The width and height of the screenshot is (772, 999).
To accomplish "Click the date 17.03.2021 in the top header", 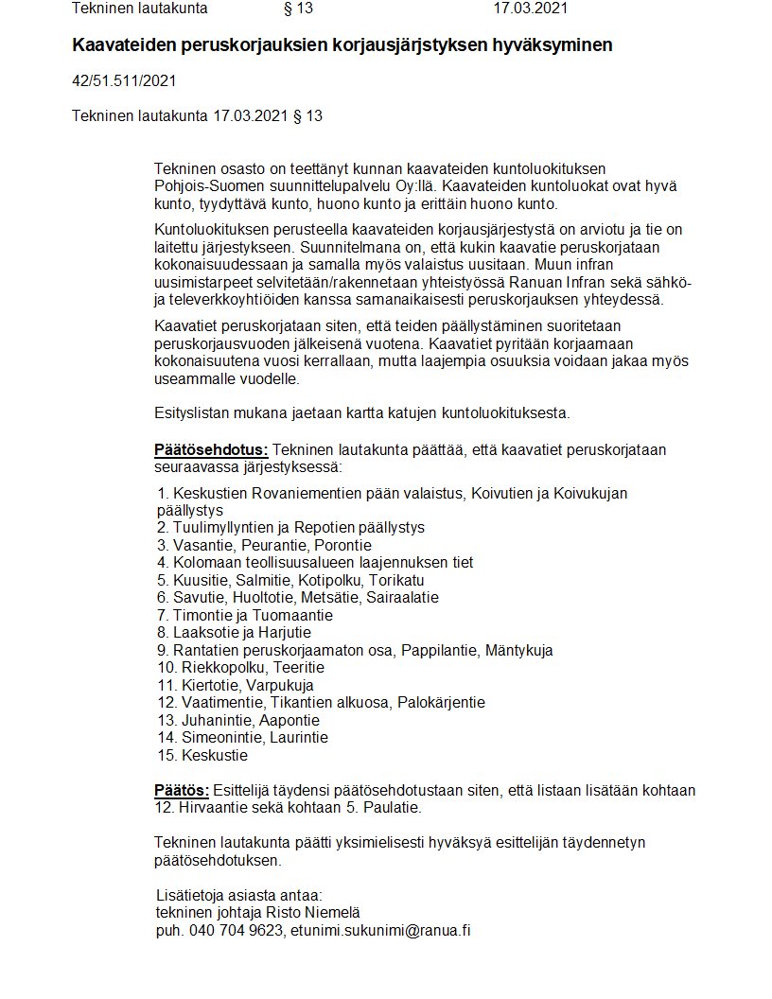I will pyautogui.click(x=531, y=9).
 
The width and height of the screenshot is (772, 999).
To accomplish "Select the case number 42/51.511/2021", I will pyautogui.click(x=124, y=81).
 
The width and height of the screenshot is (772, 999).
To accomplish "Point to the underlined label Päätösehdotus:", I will pyautogui.click(x=211, y=450).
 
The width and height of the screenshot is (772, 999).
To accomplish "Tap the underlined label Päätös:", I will pyautogui.click(x=182, y=790).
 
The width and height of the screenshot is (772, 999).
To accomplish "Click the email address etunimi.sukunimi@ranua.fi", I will pyautogui.click(x=380, y=930).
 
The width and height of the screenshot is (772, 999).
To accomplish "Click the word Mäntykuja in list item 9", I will pyautogui.click(x=517, y=650).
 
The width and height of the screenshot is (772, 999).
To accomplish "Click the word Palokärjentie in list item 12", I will pyautogui.click(x=441, y=702).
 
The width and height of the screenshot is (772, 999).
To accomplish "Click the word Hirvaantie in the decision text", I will pyautogui.click(x=214, y=808).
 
